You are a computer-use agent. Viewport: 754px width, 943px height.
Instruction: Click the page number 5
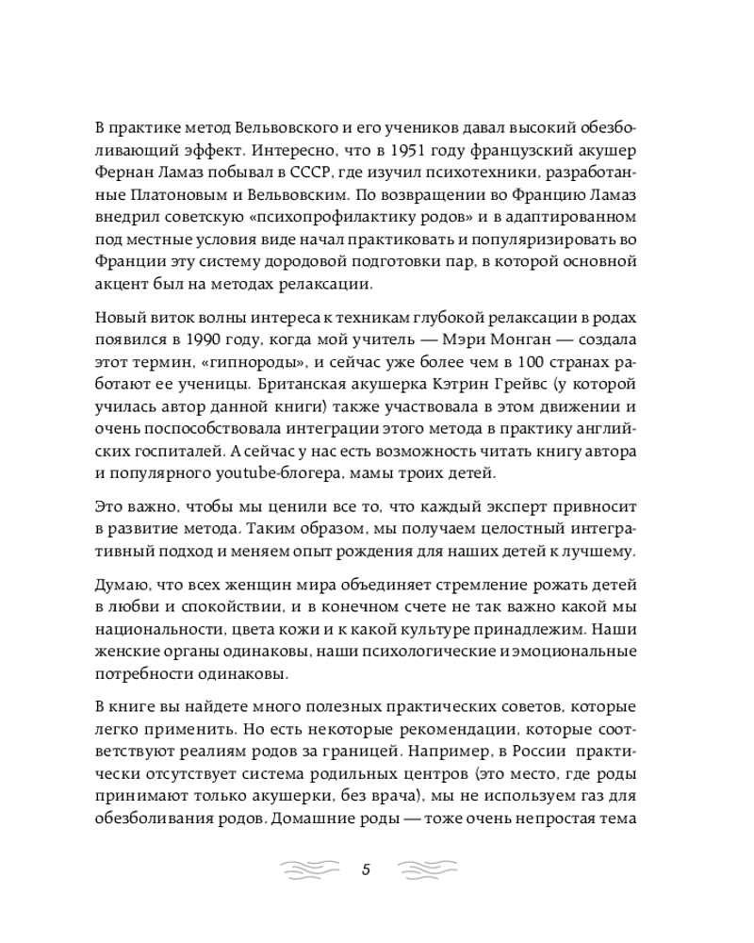[x=366, y=869]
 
